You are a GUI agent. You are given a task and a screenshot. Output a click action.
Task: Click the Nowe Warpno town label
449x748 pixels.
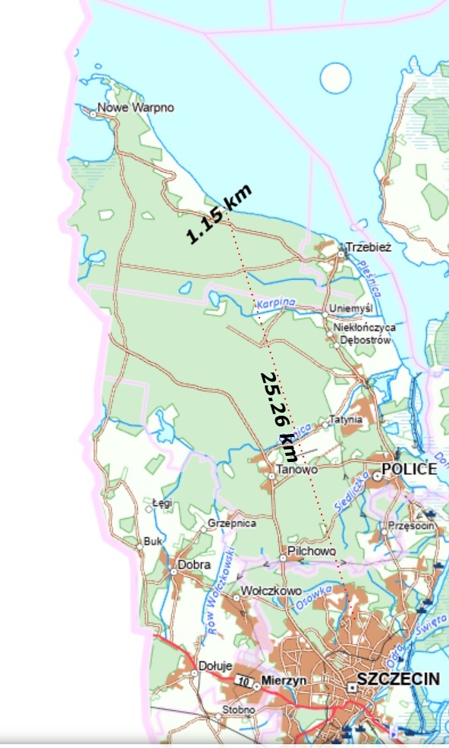click(x=136, y=108)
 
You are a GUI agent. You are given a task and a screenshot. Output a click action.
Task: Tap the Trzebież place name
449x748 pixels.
click(x=368, y=247)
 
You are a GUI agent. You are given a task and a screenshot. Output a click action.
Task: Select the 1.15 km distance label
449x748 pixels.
click(x=219, y=215)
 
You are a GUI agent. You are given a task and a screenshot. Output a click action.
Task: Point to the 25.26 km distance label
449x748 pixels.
click(x=278, y=416)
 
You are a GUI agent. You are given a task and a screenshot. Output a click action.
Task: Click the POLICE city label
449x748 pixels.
click(x=409, y=469)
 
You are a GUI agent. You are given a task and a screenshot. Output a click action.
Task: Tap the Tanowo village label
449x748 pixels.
click(x=297, y=470)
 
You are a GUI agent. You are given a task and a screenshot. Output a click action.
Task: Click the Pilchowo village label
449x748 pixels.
click(x=312, y=551)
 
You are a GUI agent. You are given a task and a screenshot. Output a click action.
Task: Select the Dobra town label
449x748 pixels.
click(x=193, y=564)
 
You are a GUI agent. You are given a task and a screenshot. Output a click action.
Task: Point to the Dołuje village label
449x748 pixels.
click(x=214, y=666)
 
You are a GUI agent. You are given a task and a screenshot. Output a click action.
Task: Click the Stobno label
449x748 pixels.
click(x=240, y=710)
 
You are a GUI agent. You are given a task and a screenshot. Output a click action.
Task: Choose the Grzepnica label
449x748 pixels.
click(x=232, y=523)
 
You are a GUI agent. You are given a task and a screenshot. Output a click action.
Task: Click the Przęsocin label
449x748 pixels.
click(x=410, y=526)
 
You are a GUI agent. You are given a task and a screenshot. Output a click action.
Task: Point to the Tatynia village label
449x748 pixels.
click(x=347, y=420)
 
